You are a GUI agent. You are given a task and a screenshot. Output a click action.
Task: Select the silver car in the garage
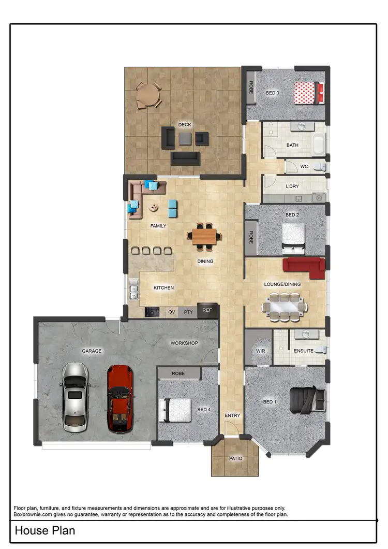tap(76, 397)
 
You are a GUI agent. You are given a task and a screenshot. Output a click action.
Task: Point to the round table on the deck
tap(148, 96)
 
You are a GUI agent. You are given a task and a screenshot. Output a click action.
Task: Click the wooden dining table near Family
tap(204, 236)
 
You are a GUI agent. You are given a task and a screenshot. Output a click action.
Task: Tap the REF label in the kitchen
tap(207, 311)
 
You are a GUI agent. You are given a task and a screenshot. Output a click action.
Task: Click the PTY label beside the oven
tap(188, 312)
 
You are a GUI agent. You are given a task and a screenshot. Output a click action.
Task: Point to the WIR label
tap(261, 351)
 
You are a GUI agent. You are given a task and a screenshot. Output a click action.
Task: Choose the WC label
tap(304, 166)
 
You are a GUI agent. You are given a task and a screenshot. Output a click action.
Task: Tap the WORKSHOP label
tap(184, 343)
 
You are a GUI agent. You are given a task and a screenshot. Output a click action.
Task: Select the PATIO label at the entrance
tap(235, 458)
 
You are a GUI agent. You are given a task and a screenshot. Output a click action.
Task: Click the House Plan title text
tap(45, 531)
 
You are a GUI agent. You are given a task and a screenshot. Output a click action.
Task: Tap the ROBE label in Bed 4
tap(178, 373)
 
